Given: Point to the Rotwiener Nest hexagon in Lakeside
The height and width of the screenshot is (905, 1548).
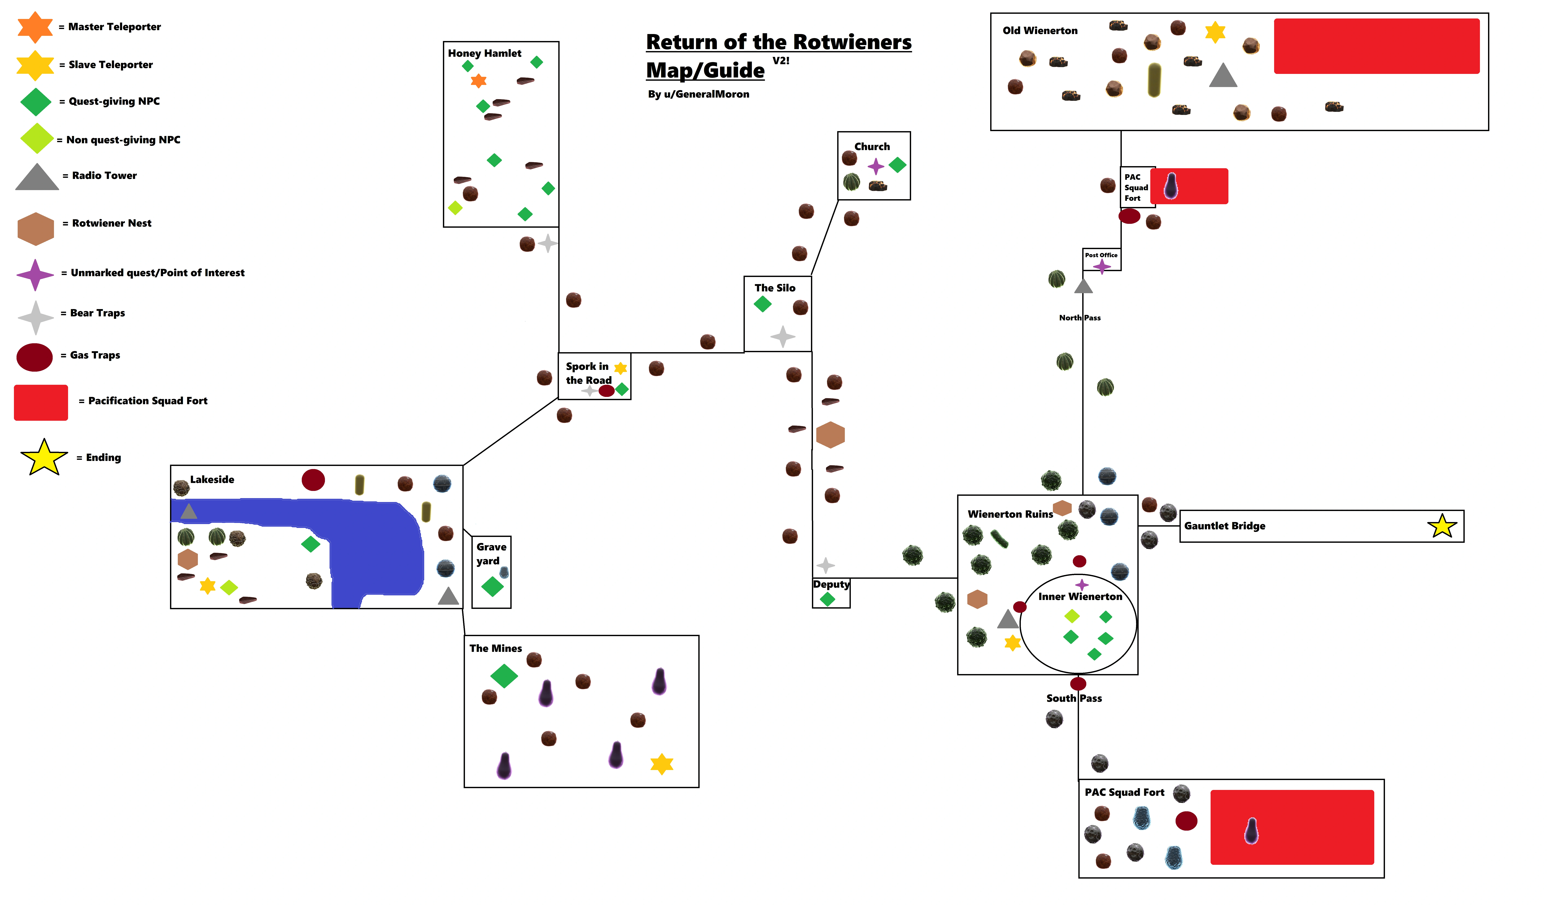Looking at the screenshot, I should coord(187,559).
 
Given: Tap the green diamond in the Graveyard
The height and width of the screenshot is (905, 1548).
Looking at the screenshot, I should coord(492,587).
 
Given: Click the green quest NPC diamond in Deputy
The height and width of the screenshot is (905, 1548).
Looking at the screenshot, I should coord(827,599).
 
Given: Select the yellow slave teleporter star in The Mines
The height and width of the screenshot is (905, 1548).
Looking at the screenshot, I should coord(662,764).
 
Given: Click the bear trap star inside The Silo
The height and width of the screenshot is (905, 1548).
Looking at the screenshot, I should coord(783,337).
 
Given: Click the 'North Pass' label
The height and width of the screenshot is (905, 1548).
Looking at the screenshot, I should coord(1079,318).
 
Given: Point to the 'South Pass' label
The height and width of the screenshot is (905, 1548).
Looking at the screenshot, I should coord(1074,698).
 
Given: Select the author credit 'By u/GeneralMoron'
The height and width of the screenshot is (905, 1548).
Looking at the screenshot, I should coord(698,94).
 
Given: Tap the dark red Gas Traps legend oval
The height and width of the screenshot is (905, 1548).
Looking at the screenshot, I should coord(34,357).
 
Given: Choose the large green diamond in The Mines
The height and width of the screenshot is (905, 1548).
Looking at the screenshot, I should coord(504,676).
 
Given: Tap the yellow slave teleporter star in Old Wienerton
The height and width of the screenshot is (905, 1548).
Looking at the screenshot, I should coord(1215,32).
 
